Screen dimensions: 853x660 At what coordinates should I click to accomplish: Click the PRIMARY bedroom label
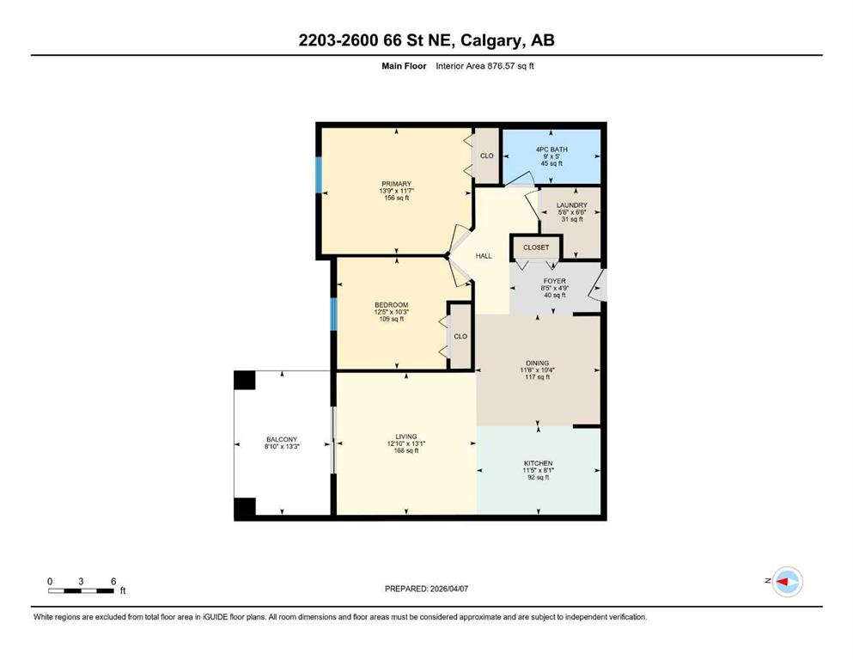[x=396, y=184]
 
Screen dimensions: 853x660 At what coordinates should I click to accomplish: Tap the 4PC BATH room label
[x=551, y=149]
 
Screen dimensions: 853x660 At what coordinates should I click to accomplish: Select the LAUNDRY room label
[x=572, y=205]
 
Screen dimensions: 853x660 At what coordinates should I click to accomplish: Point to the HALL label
[x=484, y=256]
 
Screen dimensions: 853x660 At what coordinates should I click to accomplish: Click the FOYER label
[x=554, y=281]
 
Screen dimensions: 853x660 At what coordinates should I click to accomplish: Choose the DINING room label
[x=537, y=363]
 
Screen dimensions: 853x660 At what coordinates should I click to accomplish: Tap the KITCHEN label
[x=538, y=463]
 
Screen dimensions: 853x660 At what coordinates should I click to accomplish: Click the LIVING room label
[x=405, y=437]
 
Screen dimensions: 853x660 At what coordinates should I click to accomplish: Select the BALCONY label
[x=282, y=439]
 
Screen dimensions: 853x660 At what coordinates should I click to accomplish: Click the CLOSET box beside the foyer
[x=536, y=247]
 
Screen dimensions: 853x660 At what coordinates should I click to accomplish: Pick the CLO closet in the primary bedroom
[x=487, y=156]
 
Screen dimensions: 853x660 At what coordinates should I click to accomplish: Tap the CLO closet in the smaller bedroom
[x=460, y=336]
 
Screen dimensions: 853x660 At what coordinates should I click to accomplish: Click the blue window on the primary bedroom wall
[x=319, y=174]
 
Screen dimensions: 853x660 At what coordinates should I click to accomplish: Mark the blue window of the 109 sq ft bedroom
[x=334, y=315]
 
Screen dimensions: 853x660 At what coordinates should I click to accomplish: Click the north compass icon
[x=787, y=582]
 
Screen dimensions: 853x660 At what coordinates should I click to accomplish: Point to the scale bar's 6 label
[x=113, y=581]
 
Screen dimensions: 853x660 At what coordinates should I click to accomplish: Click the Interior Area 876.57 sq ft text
[x=484, y=66]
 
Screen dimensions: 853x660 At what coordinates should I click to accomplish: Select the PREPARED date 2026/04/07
[x=448, y=589]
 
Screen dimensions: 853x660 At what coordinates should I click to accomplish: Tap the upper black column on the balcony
[x=244, y=380]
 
